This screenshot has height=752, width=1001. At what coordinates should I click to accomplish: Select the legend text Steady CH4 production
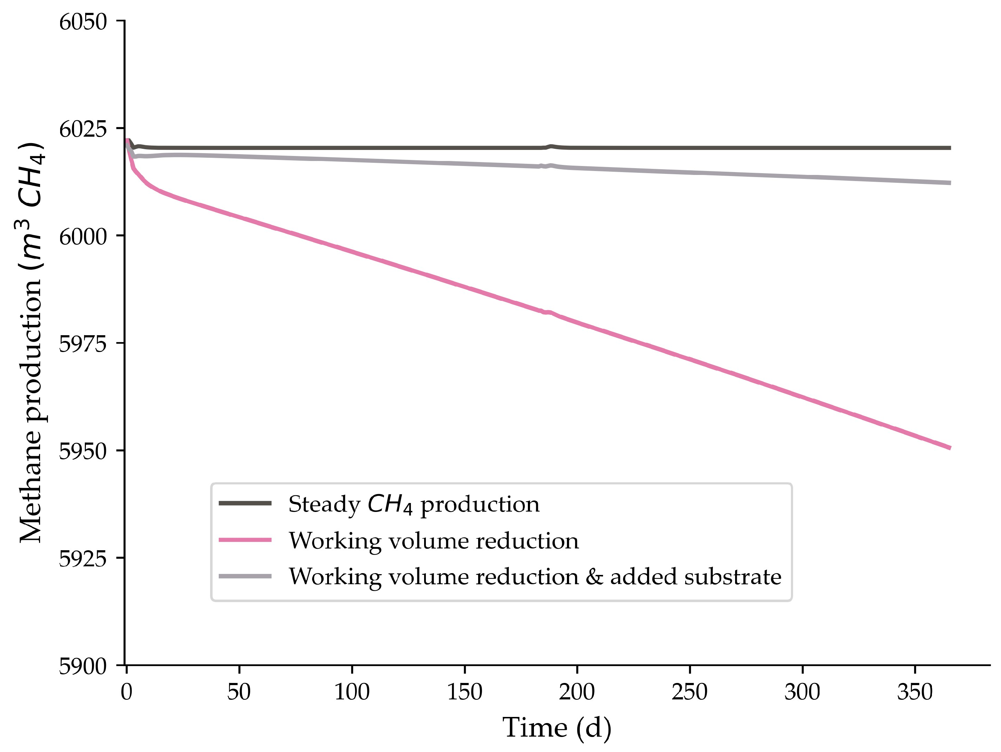(x=414, y=504)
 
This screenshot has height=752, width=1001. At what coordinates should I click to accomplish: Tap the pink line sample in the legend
(x=245, y=540)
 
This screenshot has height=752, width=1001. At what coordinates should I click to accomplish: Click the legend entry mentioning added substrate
(x=535, y=576)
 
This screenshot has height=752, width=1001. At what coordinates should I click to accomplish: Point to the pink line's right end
(x=949, y=448)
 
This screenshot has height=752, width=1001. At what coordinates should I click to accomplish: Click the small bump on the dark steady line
(x=551, y=146)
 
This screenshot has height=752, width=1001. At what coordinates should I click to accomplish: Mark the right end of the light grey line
(x=949, y=183)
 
